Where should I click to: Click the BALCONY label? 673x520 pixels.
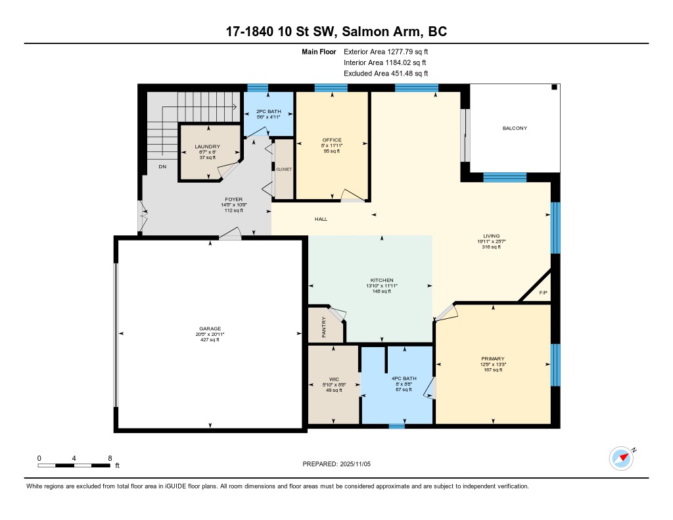coord(515,128)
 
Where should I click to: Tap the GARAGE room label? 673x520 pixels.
coord(210,329)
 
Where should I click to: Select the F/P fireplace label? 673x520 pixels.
coord(543,293)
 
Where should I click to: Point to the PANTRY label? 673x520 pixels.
coord(324,327)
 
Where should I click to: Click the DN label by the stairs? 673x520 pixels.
coord(162,166)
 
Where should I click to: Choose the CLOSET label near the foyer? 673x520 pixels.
coord(284,169)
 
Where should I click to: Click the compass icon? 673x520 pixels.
coord(622,459)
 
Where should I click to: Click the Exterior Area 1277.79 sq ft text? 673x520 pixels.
coord(386,52)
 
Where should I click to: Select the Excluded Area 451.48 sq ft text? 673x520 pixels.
coord(386,74)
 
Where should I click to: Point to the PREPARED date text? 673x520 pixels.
coord(336,464)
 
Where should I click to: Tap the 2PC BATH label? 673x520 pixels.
coord(269,112)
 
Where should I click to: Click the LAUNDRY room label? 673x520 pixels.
coord(207,147)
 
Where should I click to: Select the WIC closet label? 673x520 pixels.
coord(334,379)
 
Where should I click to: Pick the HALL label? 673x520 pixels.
coord(321,220)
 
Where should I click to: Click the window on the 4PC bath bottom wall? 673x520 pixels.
coord(396,427)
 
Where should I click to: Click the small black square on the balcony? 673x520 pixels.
coord(554,87)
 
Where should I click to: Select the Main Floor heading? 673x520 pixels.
coord(319,52)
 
